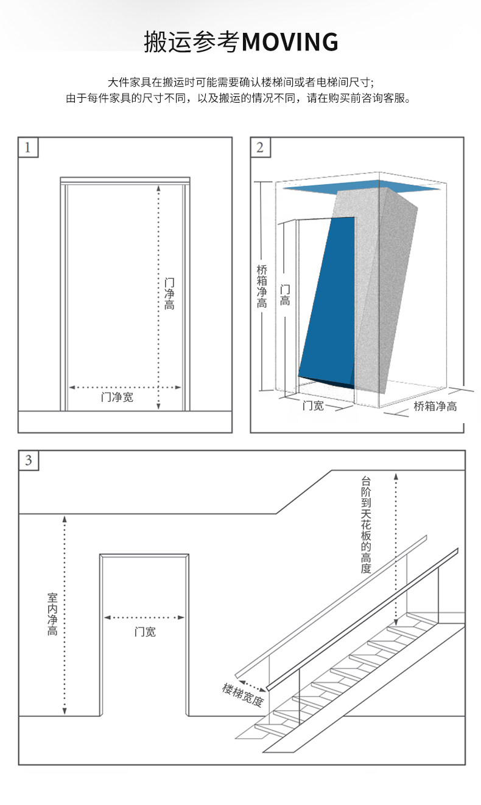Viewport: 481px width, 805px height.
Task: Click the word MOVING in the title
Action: [290, 42]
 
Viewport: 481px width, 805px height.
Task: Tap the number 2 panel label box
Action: [261, 148]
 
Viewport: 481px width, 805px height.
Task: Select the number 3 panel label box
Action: [29, 460]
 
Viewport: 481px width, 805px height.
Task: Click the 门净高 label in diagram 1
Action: [170, 294]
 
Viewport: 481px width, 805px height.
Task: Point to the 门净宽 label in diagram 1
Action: [117, 398]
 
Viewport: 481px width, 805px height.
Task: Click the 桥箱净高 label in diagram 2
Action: [262, 286]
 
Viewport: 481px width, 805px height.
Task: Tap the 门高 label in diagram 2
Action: [285, 295]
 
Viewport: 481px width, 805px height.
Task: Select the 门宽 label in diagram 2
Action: [313, 406]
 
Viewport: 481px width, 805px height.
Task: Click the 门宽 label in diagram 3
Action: [145, 632]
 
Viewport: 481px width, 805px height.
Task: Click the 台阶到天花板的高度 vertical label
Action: [365, 524]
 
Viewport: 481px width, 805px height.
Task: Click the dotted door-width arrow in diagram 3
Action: [144, 617]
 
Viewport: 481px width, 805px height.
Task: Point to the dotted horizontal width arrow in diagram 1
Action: [125, 387]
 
